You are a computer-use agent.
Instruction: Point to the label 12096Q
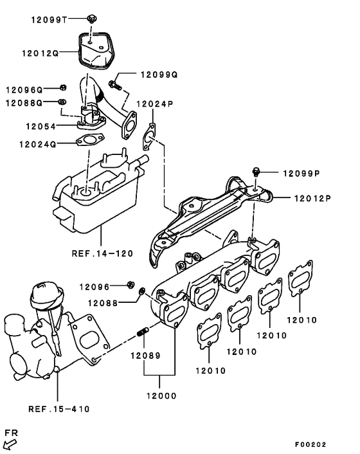coord(25,89)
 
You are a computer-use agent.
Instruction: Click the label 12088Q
coord(25,103)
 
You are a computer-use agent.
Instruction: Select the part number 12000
coord(159,395)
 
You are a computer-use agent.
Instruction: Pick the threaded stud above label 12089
coord(143,333)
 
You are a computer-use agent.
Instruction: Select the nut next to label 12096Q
coord(63,87)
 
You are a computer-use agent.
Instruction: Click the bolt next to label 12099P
coord(257,172)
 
